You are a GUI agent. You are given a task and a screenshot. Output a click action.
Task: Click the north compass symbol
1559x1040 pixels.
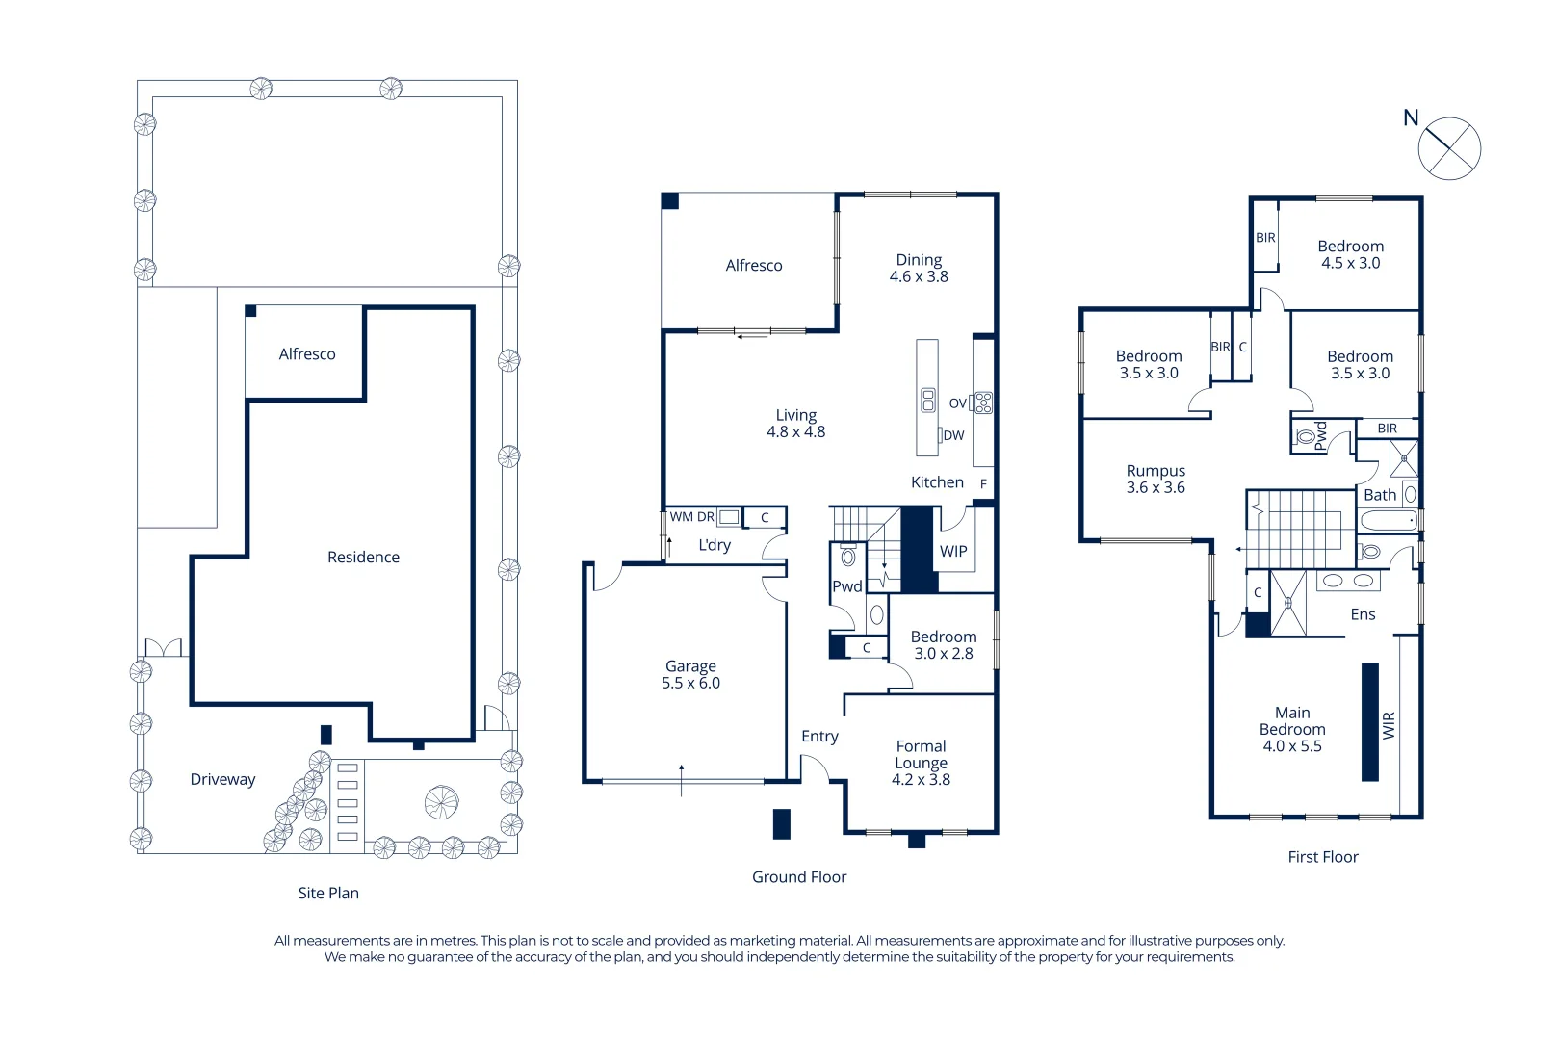click(1449, 148)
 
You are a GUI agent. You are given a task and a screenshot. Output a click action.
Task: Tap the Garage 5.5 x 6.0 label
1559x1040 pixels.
click(690, 674)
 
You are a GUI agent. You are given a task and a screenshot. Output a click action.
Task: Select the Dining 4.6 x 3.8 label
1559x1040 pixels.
click(919, 268)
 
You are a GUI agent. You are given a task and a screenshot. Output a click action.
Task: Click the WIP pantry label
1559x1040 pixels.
click(953, 552)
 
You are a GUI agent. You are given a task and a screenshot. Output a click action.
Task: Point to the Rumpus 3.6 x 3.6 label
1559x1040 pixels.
click(1156, 479)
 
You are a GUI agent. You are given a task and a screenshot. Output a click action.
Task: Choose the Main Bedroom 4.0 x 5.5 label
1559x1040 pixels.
click(1292, 729)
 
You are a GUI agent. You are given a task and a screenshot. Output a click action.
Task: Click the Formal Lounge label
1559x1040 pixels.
click(921, 755)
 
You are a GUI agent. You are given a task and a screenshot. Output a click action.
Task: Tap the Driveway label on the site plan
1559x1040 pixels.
click(222, 780)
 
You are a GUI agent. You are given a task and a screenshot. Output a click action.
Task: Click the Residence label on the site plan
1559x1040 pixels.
click(363, 557)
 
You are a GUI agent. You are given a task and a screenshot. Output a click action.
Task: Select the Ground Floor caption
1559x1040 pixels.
click(799, 877)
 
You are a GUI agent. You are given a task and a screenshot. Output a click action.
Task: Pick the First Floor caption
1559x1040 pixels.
click(1323, 857)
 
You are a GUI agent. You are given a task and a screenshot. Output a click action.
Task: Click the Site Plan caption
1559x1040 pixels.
click(328, 893)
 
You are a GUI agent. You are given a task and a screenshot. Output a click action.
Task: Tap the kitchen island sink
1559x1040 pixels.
click(927, 400)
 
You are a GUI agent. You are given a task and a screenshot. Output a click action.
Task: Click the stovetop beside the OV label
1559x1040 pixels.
click(983, 403)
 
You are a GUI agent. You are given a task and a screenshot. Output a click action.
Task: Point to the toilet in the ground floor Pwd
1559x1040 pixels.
click(847, 556)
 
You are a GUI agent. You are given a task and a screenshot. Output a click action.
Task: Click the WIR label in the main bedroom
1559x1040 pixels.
click(1389, 725)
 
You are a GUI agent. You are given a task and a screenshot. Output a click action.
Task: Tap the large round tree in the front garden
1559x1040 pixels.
click(442, 802)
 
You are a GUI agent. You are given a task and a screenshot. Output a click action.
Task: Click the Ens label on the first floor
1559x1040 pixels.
click(1363, 614)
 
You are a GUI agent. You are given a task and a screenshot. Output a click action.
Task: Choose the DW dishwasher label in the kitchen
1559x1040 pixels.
click(953, 436)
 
